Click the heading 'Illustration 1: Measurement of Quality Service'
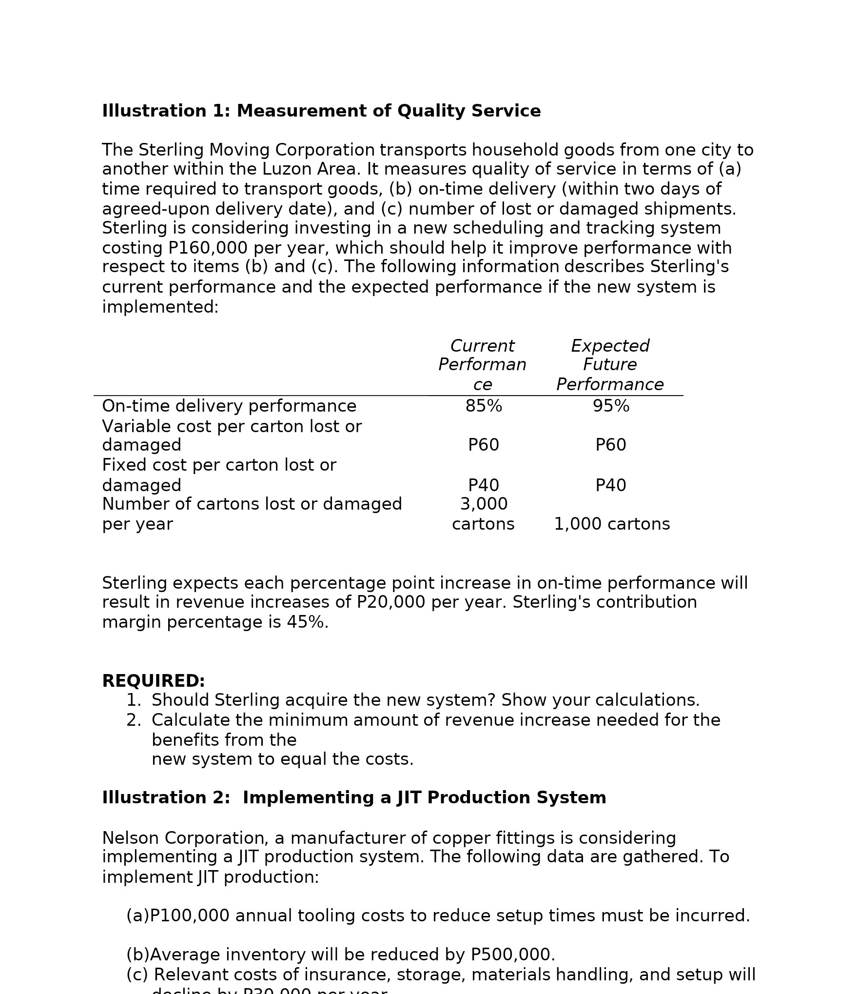(x=321, y=111)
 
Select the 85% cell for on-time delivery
(x=484, y=406)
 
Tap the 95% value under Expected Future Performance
(x=611, y=406)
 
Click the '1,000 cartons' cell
(x=612, y=524)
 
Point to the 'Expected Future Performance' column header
(x=610, y=365)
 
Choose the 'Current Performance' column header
(x=482, y=365)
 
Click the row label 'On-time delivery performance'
(x=229, y=406)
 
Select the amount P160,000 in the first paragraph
(x=208, y=248)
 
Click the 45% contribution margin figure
(x=305, y=622)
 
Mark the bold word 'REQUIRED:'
(x=154, y=681)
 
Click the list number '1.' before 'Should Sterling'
(x=134, y=700)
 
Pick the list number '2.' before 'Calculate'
(x=134, y=720)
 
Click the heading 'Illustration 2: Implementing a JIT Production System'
(x=354, y=798)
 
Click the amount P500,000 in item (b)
(x=512, y=955)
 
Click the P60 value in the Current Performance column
(x=484, y=445)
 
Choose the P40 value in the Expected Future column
(x=611, y=486)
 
